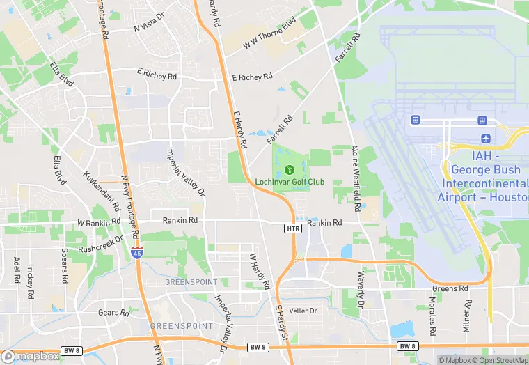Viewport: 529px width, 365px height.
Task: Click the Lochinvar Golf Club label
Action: (290, 182)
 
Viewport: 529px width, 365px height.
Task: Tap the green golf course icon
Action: (290, 169)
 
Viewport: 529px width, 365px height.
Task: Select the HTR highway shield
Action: (292, 228)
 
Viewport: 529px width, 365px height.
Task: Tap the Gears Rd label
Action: (113, 313)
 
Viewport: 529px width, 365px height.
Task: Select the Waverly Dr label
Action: (361, 290)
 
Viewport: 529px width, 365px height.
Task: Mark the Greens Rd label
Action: (450, 288)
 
